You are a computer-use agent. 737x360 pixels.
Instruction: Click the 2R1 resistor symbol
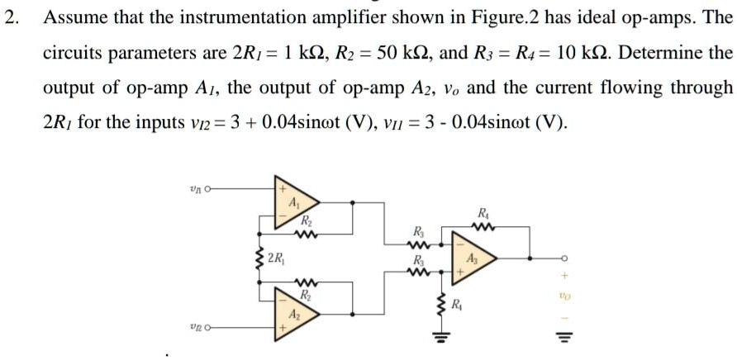258,258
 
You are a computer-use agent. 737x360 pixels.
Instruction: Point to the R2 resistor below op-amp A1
306,234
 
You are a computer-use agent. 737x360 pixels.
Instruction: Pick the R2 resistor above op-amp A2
306,282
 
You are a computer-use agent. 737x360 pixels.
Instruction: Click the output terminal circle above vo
563,257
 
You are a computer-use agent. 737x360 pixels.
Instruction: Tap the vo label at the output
563,293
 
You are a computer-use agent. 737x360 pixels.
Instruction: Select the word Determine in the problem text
657,53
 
